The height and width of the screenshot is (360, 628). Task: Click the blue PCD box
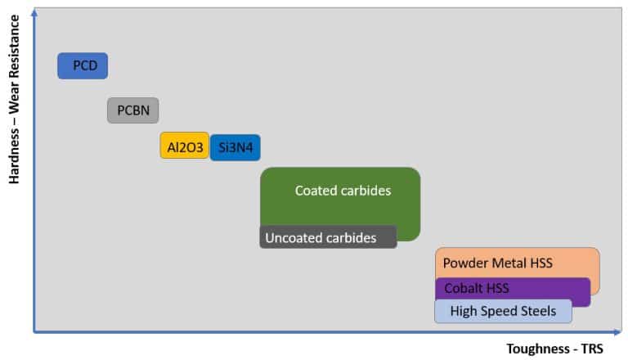pos(83,65)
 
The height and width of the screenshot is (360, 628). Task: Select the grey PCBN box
pos(132,110)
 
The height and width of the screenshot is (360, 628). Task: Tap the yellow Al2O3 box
pos(184,146)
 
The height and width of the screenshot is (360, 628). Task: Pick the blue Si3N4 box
pos(235,147)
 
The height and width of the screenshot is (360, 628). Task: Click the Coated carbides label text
pos(343,191)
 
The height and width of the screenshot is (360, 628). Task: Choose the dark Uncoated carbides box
pos(328,237)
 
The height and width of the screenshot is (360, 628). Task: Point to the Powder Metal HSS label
pos(497,263)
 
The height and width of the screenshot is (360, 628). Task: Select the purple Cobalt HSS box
pos(513,289)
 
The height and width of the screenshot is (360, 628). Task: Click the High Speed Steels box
pos(503,311)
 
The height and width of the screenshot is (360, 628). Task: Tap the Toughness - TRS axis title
pos(555,348)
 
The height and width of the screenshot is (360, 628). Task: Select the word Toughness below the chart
pos(536,348)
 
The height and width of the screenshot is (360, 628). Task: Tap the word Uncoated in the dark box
pos(292,238)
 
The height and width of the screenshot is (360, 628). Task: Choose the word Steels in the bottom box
pos(539,311)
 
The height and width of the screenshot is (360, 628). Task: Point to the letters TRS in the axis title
pos(590,348)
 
